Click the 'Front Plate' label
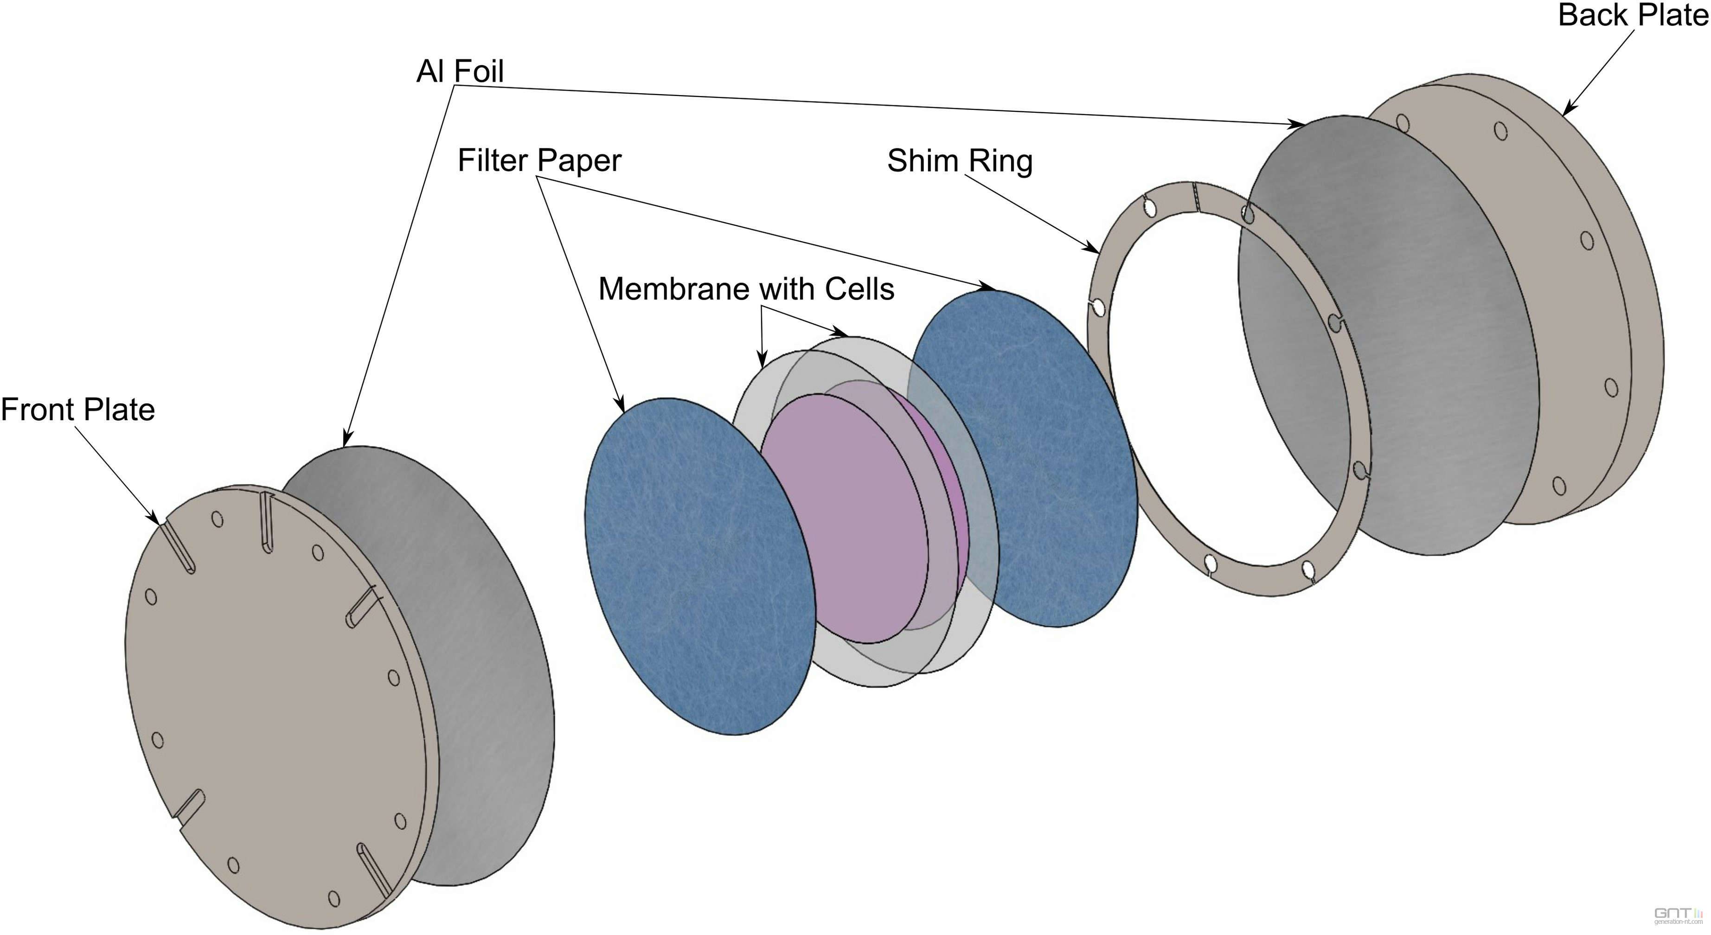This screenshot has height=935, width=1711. tap(78, 410)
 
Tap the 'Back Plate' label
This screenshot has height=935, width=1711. tap(1633, 15)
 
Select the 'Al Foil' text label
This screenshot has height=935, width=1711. tap(460, 71)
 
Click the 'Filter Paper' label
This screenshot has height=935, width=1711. tap(539, 160)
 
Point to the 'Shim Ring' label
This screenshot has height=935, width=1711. tap(960, 161)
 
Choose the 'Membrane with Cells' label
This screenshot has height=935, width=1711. tap(746, 289)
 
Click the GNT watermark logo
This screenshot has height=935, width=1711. tap(1668, 915)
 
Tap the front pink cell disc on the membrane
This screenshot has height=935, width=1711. tap(844, 518)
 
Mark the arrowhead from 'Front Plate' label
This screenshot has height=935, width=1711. tap(155, 519)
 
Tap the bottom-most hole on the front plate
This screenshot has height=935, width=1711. tap(334, 898)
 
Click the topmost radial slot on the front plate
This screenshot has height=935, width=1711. tap(266, 521)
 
